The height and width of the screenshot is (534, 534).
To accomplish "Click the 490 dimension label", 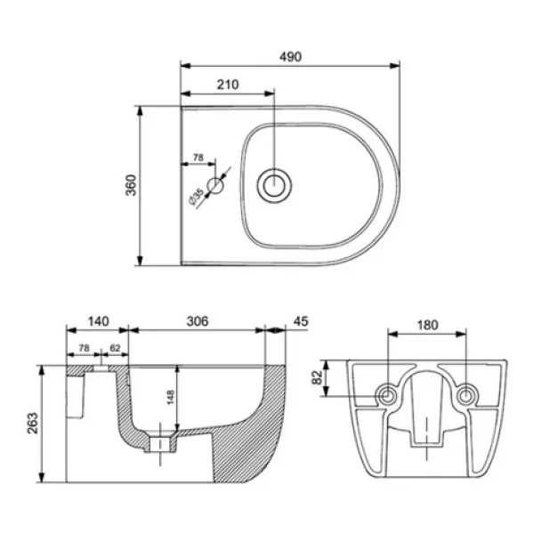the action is (290, 57).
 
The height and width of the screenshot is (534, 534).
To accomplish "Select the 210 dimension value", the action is (228, 85).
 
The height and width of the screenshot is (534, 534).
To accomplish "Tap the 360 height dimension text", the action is (131, 185).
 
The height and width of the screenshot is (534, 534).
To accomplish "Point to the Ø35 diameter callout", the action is (197, 198).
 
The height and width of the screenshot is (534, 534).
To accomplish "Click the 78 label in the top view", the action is (198, 158).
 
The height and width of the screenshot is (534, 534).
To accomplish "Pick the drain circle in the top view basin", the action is (274, 186).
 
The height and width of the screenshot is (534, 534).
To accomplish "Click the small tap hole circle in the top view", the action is (215, 186).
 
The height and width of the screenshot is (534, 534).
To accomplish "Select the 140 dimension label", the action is (99, 321).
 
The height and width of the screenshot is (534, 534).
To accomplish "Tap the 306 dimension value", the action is (198, 321).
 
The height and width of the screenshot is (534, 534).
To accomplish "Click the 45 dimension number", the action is (301, 321).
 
